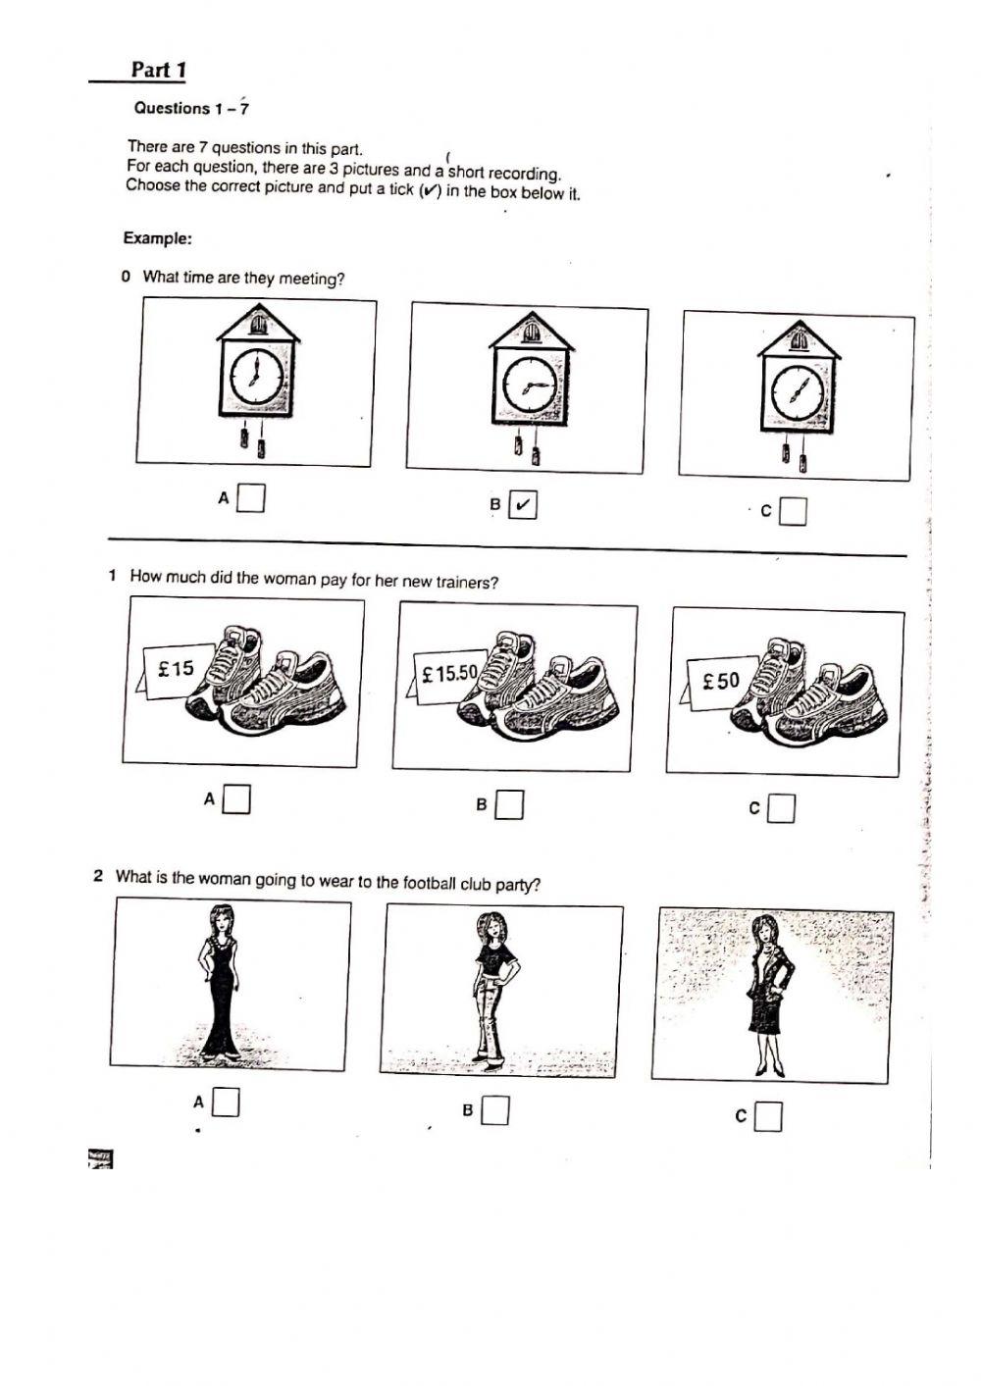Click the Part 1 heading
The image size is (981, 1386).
tap(158, 70)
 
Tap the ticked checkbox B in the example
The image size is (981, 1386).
tap(523, 505)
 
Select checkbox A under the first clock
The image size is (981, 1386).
tap(251, 498)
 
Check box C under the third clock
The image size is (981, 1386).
tap(793, 511)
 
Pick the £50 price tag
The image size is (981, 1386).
tap(721, 681)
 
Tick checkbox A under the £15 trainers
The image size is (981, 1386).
tap(235, 799)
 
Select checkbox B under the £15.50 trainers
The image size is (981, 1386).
tap(508, 805)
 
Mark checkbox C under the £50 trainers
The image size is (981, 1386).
tap(781, 808)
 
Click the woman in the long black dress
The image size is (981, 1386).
tap(221, 981)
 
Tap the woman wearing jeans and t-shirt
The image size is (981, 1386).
tap(489, 986)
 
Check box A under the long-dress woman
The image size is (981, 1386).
tap(227, 1103)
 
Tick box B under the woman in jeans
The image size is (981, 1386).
tap(495, 1110)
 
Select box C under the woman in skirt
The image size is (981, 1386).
tap(768, 1116)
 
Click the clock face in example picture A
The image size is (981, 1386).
tap(256, 377)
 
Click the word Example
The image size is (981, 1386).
tap(157, 238)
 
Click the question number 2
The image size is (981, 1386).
tap(98, 875)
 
